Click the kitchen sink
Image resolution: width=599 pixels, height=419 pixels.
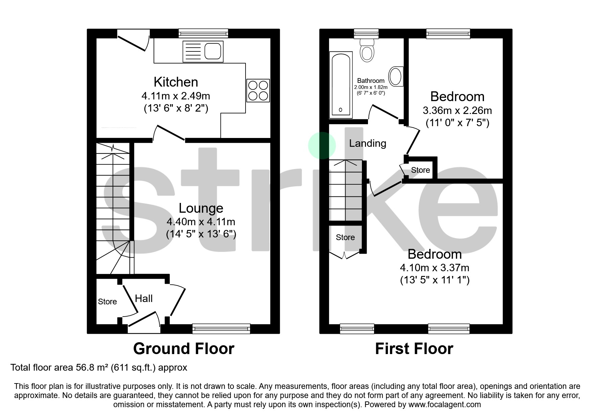pos(203,51)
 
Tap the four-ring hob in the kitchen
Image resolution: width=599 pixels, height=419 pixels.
pos(258,90)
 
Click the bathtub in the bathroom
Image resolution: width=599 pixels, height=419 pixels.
pos(341,85)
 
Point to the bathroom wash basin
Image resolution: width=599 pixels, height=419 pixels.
pos(395,76)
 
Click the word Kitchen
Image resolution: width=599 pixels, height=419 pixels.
pos(176,82)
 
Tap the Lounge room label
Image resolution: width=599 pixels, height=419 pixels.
pos(201,208)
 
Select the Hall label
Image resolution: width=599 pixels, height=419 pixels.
pos(144,298)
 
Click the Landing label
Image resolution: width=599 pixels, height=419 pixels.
pos(367,143)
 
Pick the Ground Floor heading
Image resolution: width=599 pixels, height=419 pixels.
pos(184,349)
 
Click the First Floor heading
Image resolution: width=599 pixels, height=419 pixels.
pos(414,349)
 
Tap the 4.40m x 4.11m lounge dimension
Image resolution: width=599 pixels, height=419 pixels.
pos(201,222)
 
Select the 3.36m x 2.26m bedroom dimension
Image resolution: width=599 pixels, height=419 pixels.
pos(457,111)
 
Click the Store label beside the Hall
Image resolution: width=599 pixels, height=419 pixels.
pos(107,302)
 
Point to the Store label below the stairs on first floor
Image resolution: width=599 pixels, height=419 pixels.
pos(345,237)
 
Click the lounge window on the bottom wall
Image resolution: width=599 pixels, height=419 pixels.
pos(221,328)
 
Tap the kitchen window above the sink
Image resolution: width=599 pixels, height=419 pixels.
pos(203,33)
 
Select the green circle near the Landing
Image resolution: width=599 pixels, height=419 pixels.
pos(322,145)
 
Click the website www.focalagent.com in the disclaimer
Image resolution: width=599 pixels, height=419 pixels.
pos(444,404)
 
